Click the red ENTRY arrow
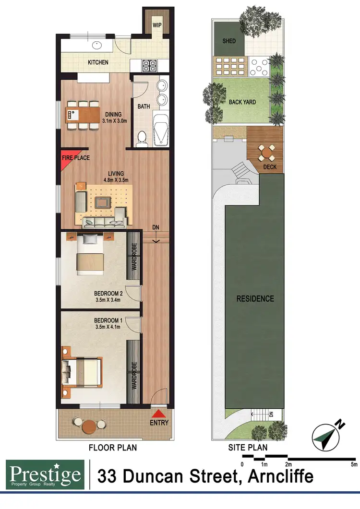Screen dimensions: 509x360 159,414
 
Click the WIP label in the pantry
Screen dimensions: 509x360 156,24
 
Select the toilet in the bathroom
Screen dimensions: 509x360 141,139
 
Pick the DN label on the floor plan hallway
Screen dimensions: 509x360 156,226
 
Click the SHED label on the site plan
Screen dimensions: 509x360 229,41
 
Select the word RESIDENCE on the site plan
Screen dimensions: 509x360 255,298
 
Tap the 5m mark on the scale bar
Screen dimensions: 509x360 354,464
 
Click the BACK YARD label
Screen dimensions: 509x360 242,102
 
